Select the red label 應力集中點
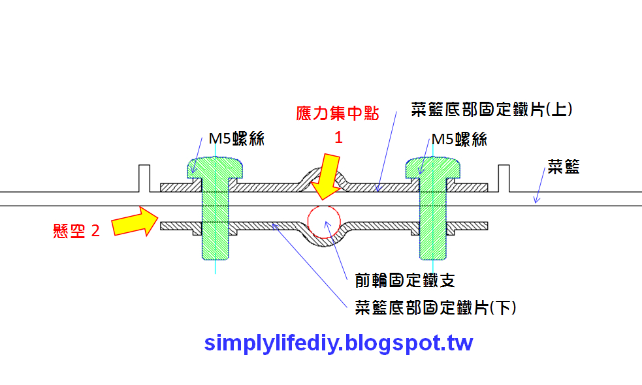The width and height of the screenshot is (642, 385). coord(337,113)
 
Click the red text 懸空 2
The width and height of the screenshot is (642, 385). coord(76,230)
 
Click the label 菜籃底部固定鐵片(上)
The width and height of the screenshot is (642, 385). coord(492,109)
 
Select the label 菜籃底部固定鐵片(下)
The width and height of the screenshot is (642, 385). coord(436,307)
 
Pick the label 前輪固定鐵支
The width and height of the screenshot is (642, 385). coord(405,281)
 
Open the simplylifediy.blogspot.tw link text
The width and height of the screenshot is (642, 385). coord(338,343)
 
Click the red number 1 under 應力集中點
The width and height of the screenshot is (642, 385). coord(338,138)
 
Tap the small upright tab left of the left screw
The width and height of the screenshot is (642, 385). coord(144,178)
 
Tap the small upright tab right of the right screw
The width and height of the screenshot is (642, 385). coord(503,178)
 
